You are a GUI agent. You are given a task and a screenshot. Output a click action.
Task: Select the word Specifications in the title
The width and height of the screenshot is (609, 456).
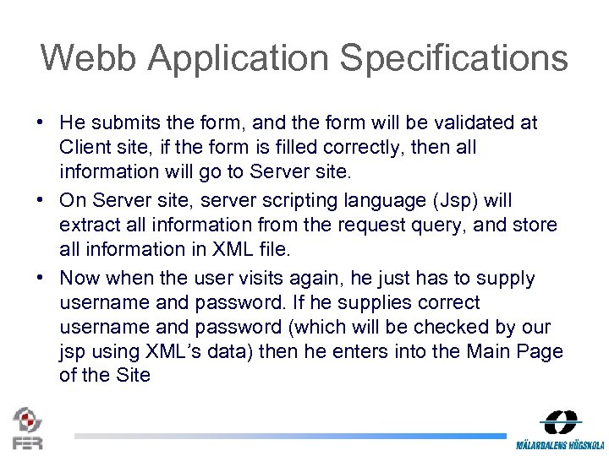(x=454, y=58)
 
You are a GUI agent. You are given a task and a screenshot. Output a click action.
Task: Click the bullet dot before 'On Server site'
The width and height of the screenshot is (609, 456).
(x=41, y=201)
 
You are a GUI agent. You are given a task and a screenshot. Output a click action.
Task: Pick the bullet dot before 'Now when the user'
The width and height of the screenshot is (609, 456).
(x=41, y=278)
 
